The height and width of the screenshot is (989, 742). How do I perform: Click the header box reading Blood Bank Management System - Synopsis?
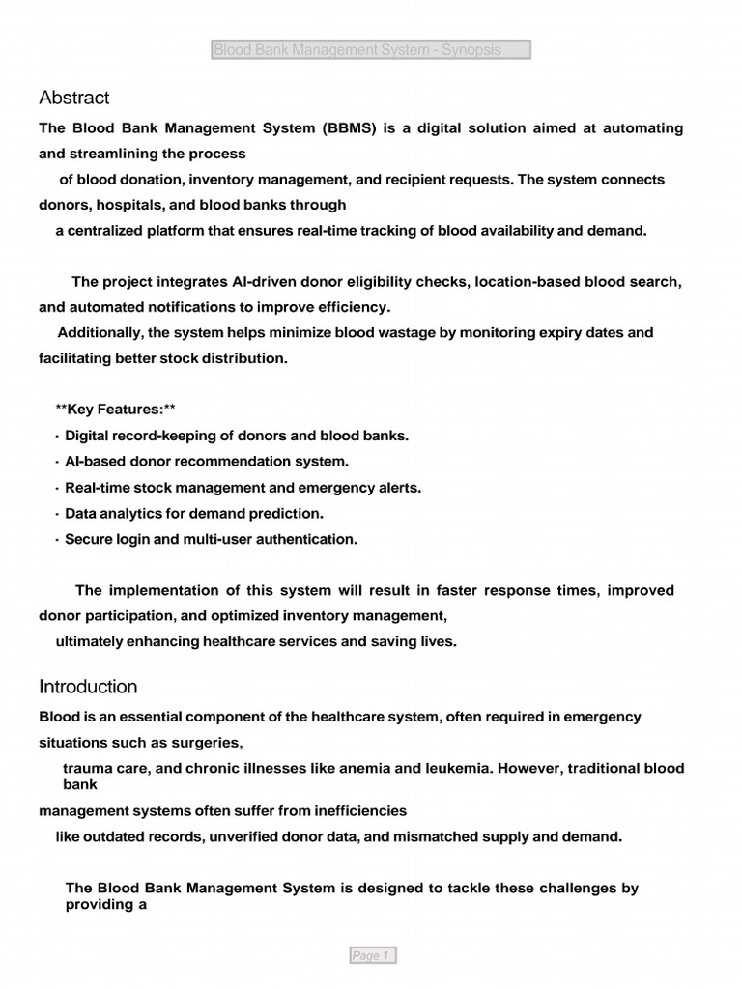pyautogui.click(x=371, y=50)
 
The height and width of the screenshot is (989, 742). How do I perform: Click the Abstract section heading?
pyautogui.click(x=74, y=98)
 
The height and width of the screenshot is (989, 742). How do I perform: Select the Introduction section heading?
pyautogui.click(x=88, y=687)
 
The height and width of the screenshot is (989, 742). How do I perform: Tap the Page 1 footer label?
pyautogui.click(x=372, y=955)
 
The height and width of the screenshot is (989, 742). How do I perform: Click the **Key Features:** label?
pyautogui.click(x=115, y=410)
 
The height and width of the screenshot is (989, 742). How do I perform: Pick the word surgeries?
pyautogui.click(x=207, y=743)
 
